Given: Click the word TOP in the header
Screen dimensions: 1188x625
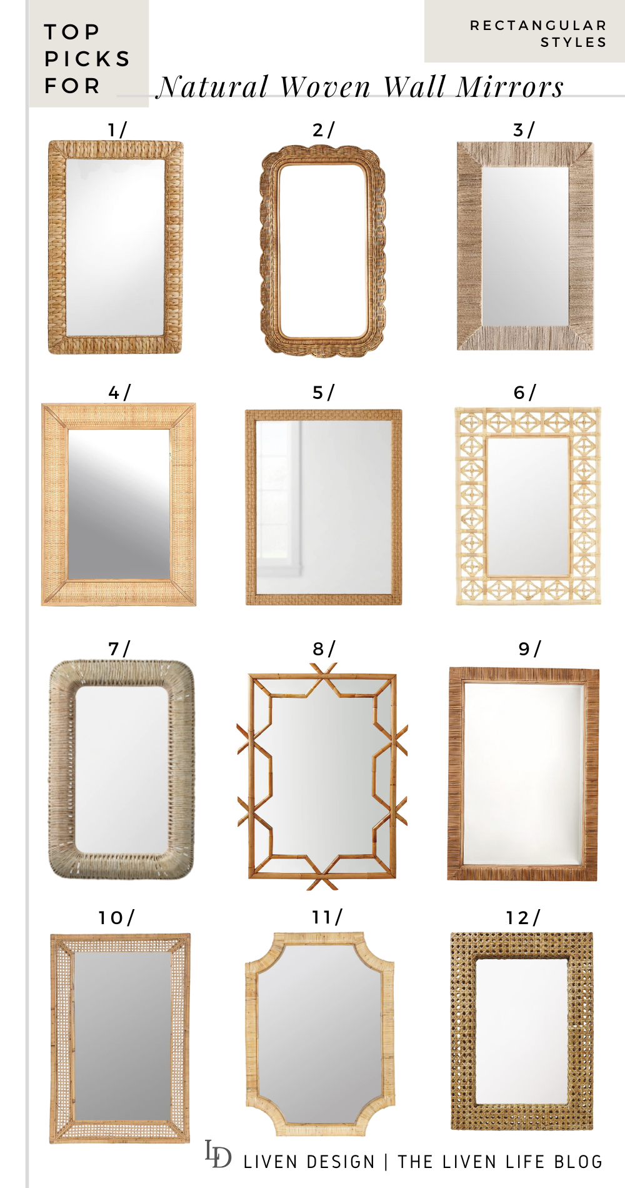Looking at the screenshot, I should [x=72, y=32].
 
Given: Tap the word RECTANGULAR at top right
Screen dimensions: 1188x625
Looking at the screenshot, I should [x=538, y=26].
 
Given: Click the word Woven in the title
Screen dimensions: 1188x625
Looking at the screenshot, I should [x=325, y=87].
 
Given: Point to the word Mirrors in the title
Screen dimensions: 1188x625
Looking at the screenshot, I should [x=509, y=87].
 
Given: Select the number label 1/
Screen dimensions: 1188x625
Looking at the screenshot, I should [x=117, y=130].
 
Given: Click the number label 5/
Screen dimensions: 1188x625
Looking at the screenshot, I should [x=324, y=393].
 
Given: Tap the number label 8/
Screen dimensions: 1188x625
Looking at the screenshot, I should [x=324, y=649].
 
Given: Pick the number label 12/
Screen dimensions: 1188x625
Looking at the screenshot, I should [x=523, y=918].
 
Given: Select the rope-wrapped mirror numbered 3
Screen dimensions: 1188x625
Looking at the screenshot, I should [x=525, y=246].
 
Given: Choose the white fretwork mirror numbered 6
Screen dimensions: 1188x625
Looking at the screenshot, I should [x=528, y=506].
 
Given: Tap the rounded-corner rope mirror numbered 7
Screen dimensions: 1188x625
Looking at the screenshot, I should [x=121, y=769].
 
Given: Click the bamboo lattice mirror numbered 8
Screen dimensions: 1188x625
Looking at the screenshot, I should [x=322, y=775].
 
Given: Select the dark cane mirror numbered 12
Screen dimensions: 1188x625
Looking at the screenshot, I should [x=522, y=1032].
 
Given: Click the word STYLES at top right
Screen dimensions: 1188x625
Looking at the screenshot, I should [x=573, y=43].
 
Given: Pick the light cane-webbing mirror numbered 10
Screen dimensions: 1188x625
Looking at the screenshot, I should [x=121, y=1038].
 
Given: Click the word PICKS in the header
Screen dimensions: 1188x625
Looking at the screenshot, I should [x=87, y=59].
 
